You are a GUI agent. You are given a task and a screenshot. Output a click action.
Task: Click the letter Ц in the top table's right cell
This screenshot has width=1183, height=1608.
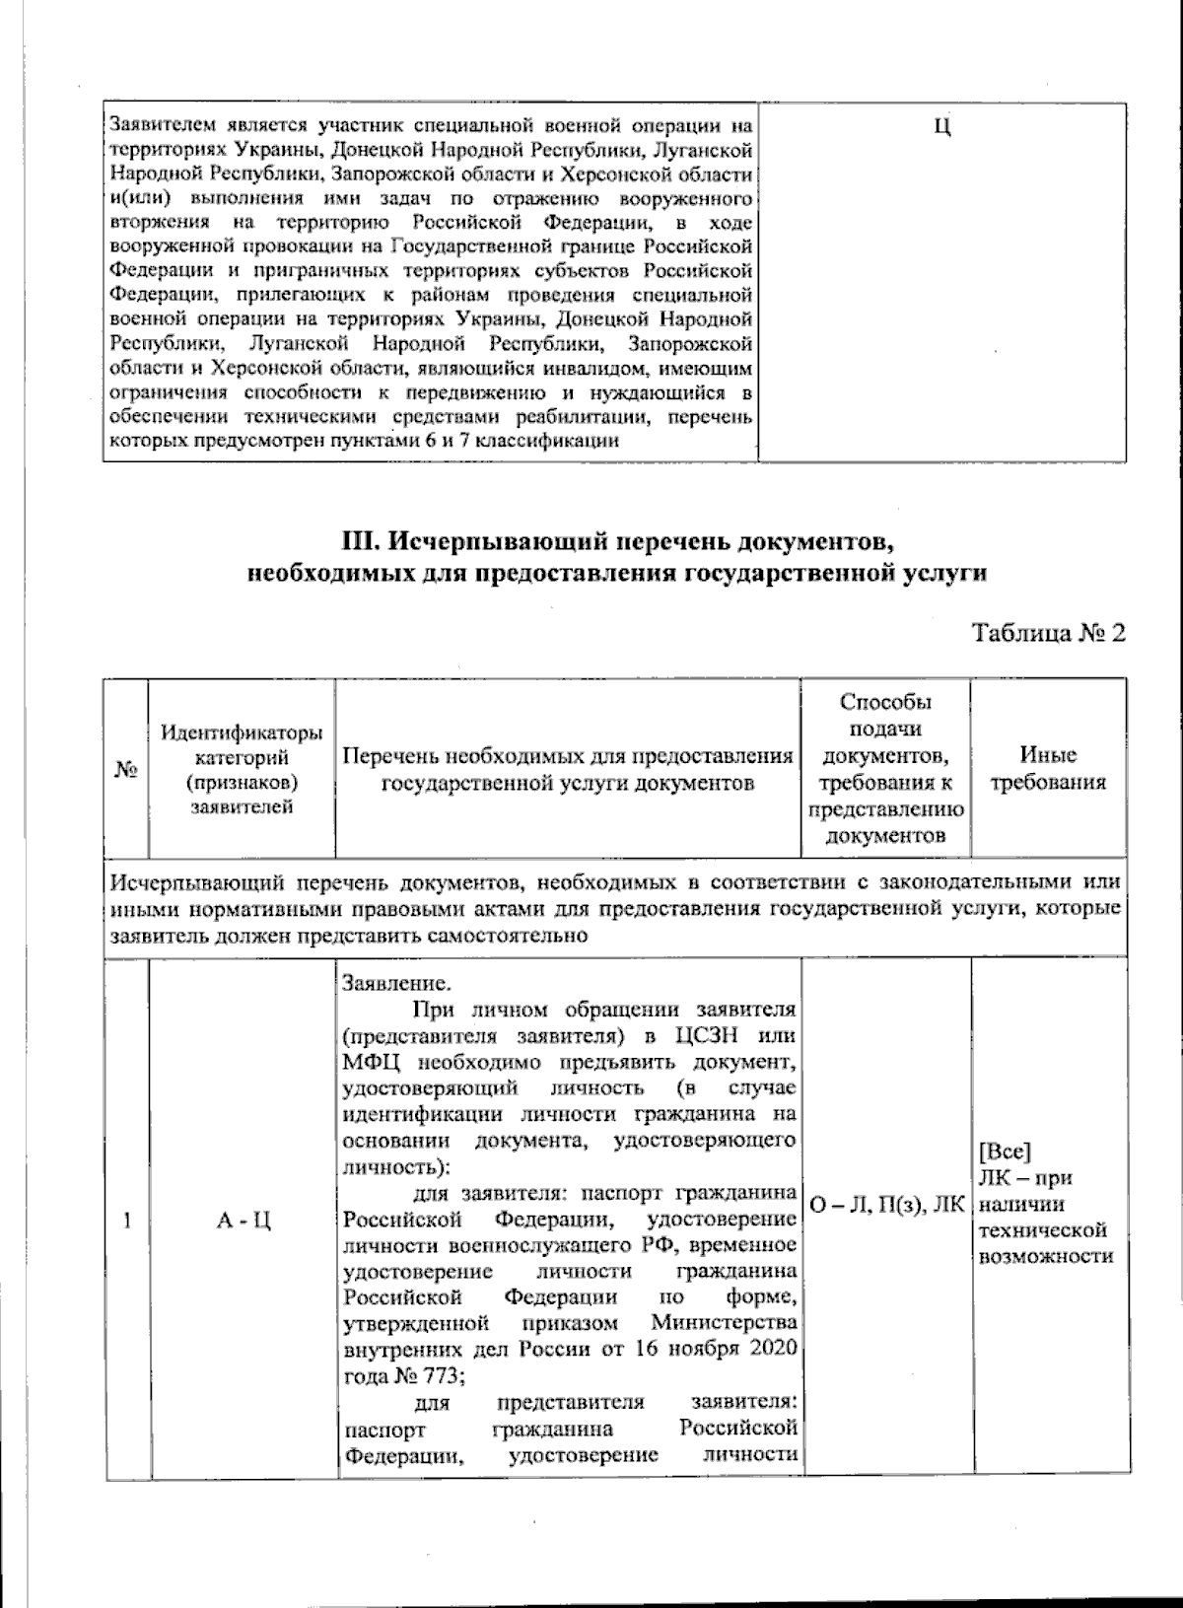tap(940, 128)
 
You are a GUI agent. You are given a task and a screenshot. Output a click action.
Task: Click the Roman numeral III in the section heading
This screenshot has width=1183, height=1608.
tap(359, 543)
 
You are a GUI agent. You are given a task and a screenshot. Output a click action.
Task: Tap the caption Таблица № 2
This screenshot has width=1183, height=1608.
tap(1048, 632)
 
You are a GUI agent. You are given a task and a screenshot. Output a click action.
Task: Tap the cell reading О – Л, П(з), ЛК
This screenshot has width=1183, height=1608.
tap(884, 1204)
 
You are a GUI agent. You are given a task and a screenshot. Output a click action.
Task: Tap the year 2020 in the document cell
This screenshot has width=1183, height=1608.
tap(771, 1350)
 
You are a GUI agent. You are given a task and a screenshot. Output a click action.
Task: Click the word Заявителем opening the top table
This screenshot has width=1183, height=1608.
tap(158, 126)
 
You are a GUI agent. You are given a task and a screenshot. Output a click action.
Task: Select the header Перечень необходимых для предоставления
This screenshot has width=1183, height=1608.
tap(568, 757)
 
